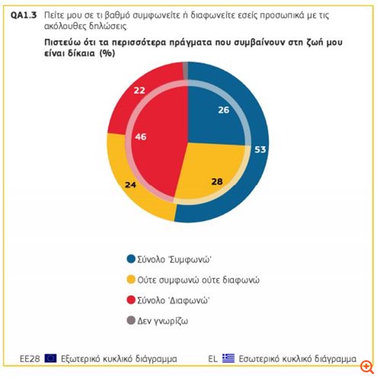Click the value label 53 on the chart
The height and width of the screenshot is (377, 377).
[x=260, y=150]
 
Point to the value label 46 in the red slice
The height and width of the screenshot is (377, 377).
[x=140, y=137]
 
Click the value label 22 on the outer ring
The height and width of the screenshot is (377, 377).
[x=139, y=90]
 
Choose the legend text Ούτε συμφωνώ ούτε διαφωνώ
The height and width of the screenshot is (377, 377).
[x=198, y=280]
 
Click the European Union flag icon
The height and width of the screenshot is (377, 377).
[x=50, y=358]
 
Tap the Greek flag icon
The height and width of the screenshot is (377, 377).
[x=228, y=358]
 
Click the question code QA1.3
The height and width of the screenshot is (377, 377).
[x=24, y=16]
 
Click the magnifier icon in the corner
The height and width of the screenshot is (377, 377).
[x=367, y=367]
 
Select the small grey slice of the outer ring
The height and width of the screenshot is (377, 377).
[x=186, y=69]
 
